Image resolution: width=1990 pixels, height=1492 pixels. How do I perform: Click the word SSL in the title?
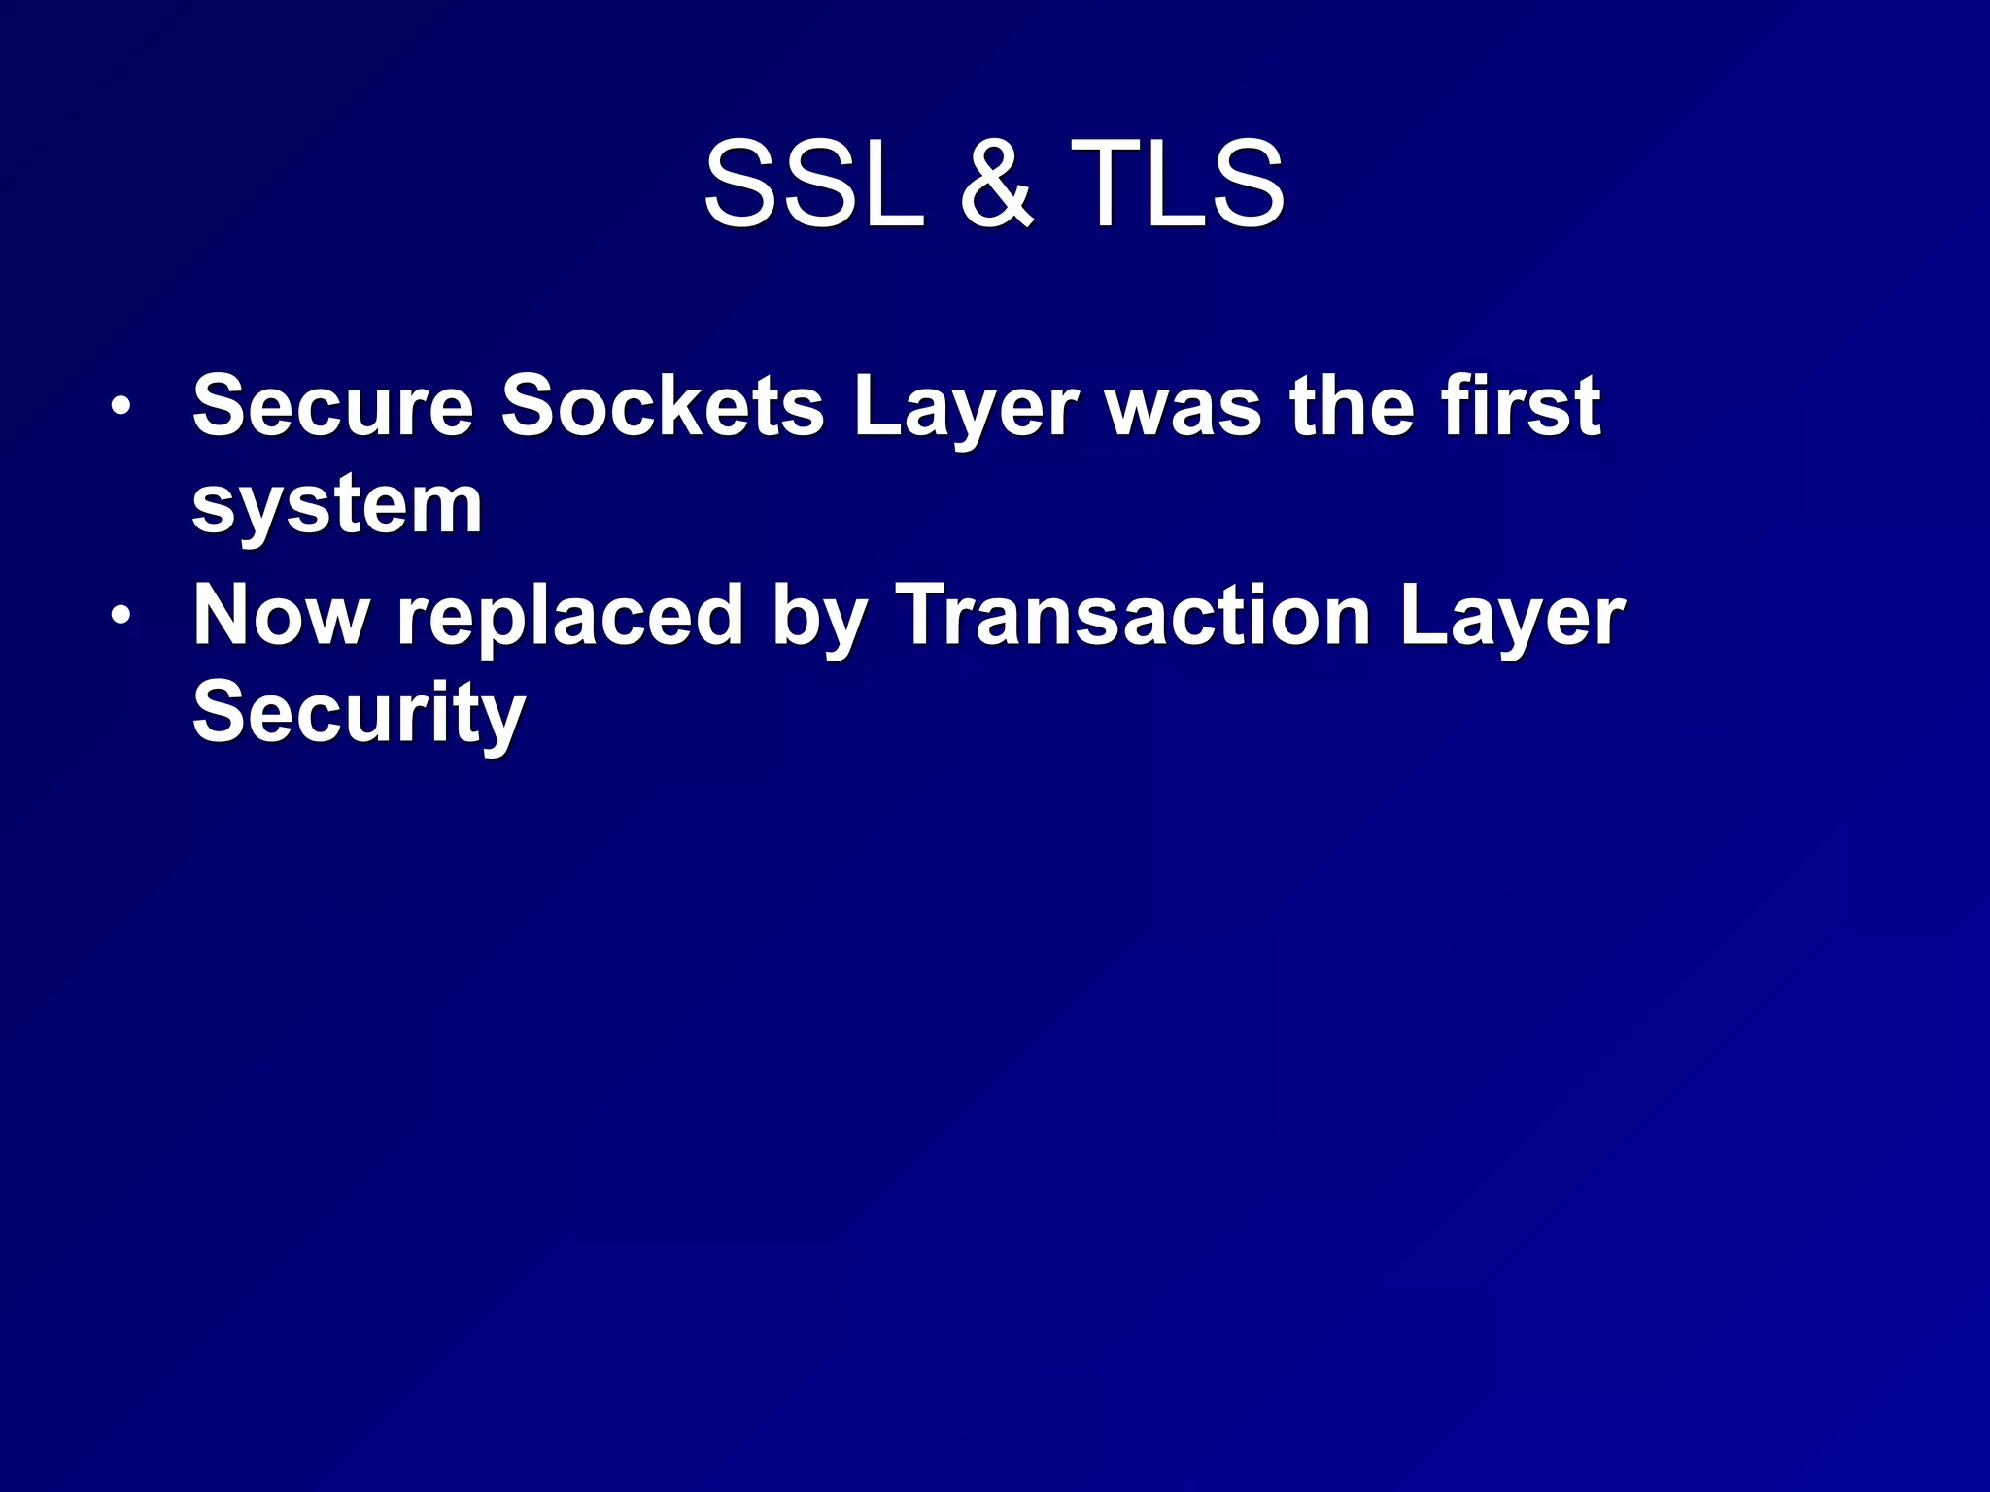(814, 184)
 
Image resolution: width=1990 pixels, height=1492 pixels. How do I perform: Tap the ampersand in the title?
(996, 184)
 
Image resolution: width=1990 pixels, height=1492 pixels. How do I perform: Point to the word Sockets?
(663, 406)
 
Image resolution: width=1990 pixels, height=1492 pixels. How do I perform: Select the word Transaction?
(1133, 616)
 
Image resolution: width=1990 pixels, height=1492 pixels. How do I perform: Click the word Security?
(360, 715)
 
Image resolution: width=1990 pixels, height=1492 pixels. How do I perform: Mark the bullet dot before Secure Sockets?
(119, 408)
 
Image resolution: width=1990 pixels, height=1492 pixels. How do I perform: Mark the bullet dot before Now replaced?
(119, 617)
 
